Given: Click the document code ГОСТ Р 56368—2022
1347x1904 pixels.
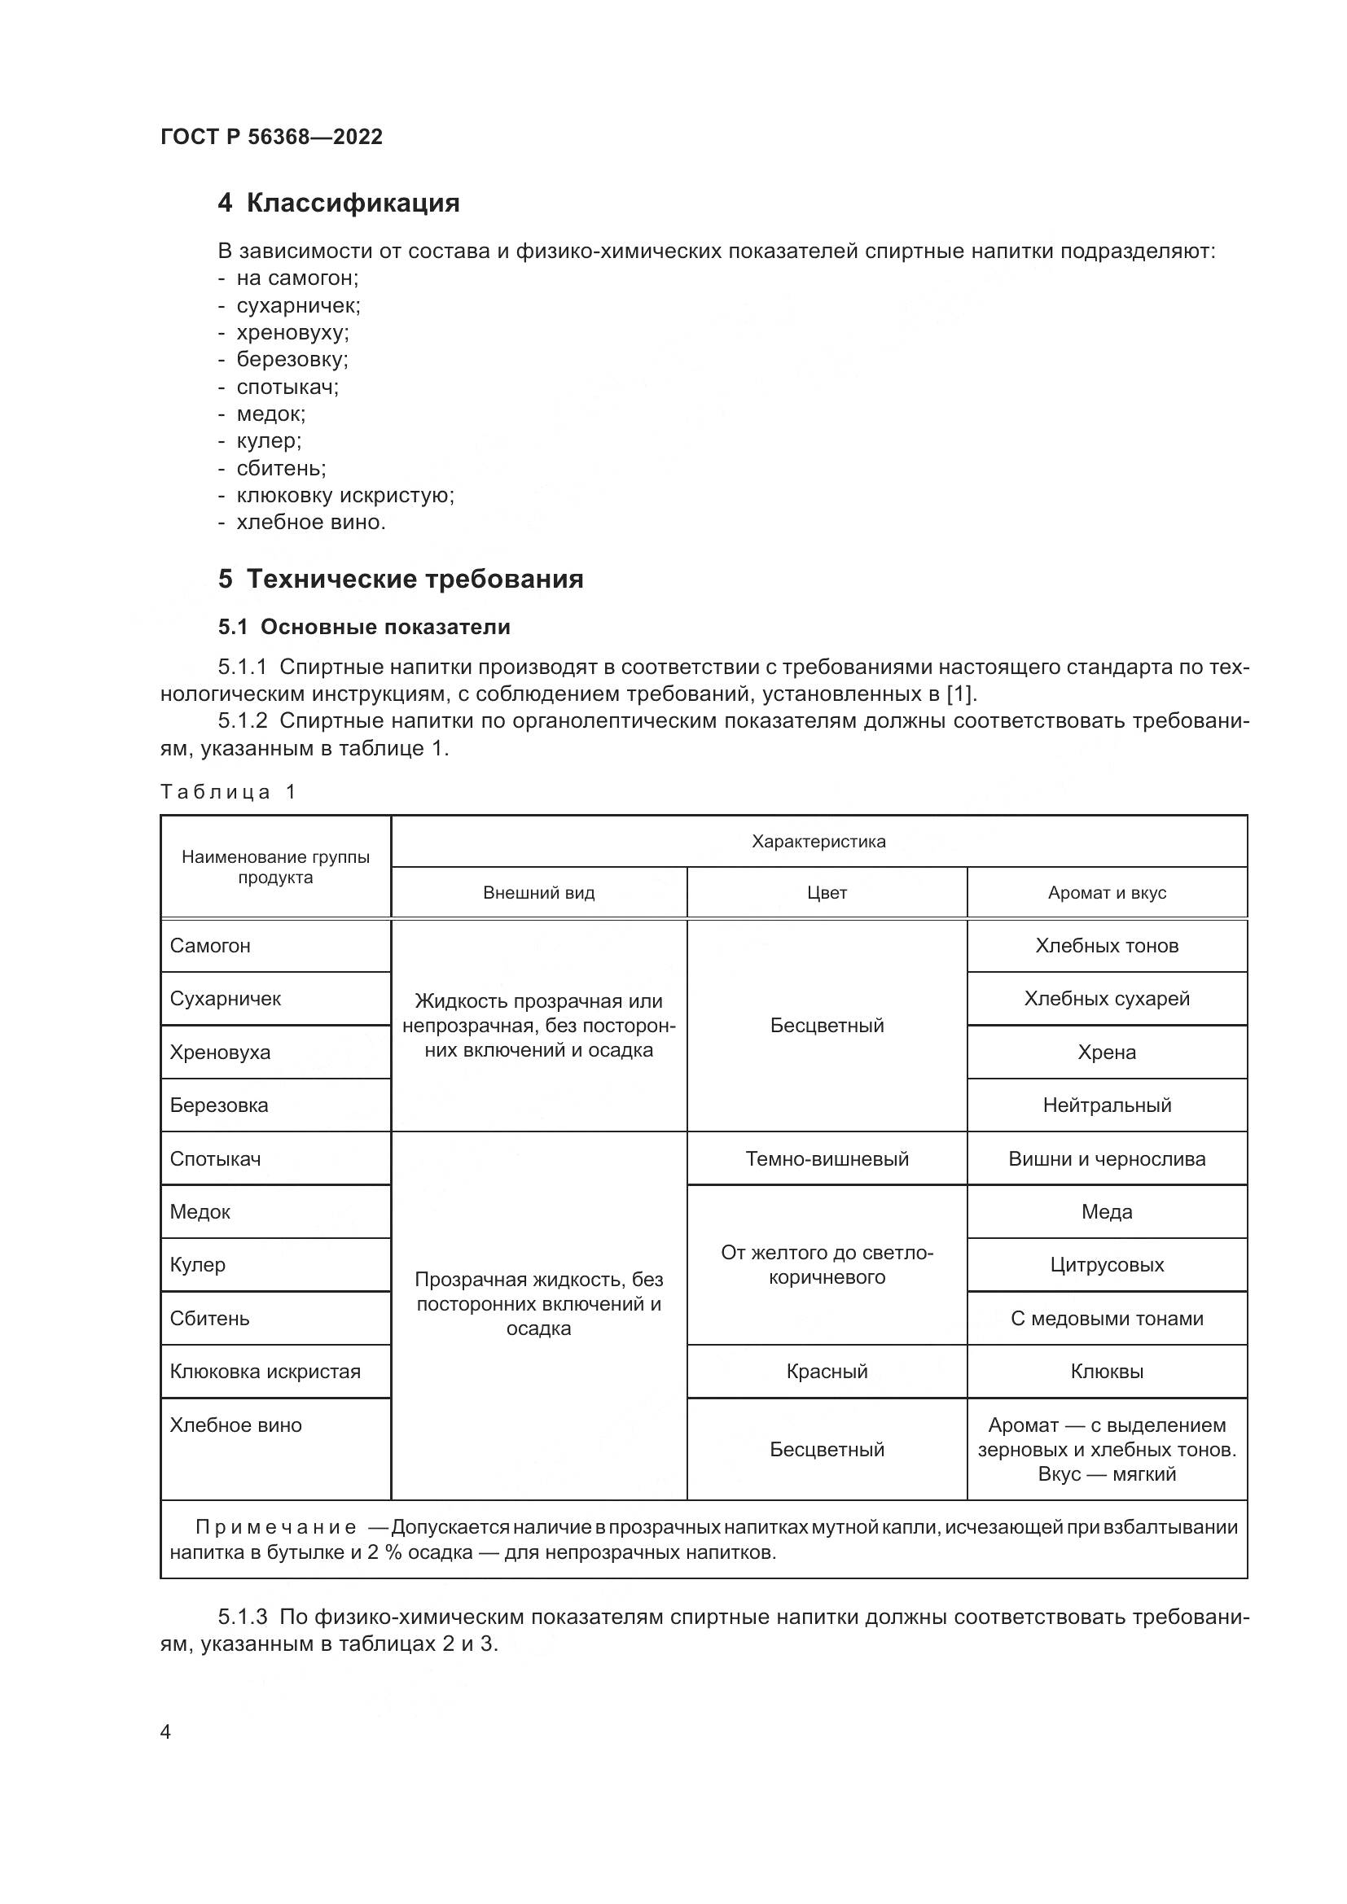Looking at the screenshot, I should tap(271, 137).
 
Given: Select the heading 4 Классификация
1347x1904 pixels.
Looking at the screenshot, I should tap(339, 204).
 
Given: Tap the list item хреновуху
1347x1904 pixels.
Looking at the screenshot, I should tap(292, 333).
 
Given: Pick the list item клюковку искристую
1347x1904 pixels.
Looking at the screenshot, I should tap(345, 495).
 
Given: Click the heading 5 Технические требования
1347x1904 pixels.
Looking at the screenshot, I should tap(401, 578).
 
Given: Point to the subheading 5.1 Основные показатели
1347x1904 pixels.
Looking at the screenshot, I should tap(364, 627).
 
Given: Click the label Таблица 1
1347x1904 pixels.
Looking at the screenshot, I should tap(227, 791).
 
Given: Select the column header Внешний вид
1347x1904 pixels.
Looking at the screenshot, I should tap(538, 893).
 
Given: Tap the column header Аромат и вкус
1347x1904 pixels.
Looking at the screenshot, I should tap(1107, 893).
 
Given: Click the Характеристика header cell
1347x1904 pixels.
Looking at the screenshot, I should tap(818, 842).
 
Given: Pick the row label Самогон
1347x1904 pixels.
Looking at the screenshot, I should tap(210, 945).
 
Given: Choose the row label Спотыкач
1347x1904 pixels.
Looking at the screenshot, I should tap(215, 1158).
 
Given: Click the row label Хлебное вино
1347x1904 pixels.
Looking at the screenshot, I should tap(235, 1425).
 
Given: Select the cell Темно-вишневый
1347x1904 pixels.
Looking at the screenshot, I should tap(826, 1158).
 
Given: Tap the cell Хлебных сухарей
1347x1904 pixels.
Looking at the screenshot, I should tap(1107, 999).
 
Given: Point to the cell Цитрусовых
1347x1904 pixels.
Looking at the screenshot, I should tap(1107, 1265).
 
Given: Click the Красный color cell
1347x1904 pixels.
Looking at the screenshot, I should tap(826, 1371).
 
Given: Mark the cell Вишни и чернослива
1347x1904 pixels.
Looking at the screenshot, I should tap(1107, 1158).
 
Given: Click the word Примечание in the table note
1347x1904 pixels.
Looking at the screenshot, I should tap(275, 1526).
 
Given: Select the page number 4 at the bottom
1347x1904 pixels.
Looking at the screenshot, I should tap(165, 1732).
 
